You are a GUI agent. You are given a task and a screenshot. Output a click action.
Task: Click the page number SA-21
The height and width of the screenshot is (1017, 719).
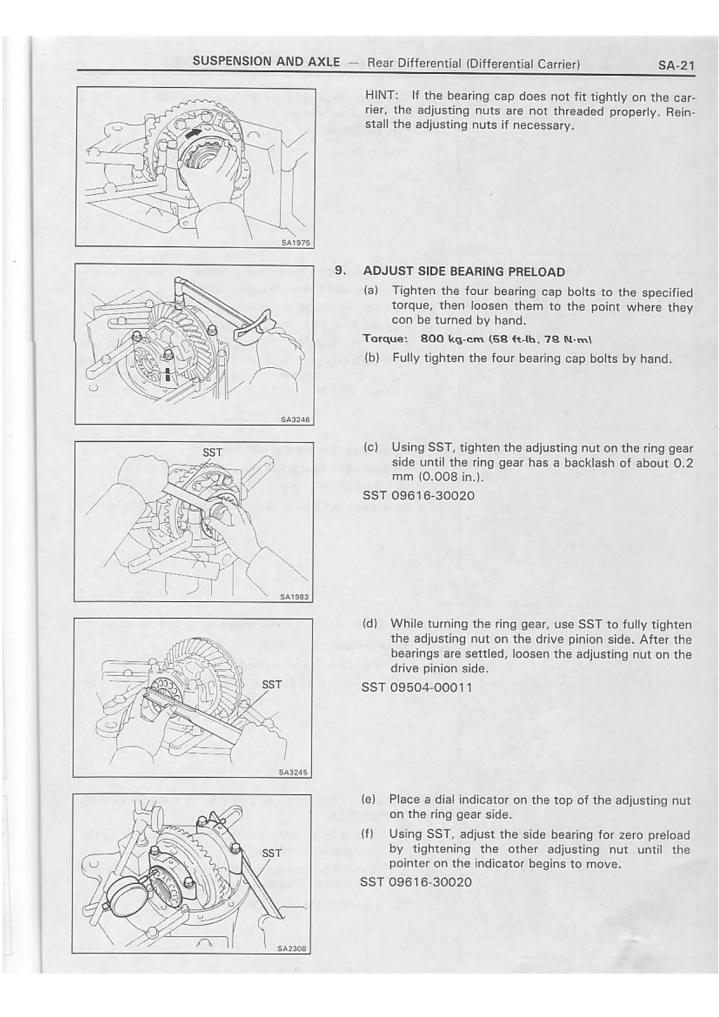(x=675, y=66)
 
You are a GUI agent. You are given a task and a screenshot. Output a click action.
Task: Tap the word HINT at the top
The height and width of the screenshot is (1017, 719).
(x=382, y=96)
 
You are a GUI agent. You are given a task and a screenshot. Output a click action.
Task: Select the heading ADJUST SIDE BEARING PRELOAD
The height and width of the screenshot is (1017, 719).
(x=463, y=272)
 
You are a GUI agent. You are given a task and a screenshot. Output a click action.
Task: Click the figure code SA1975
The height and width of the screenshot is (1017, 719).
(x=297, y=242)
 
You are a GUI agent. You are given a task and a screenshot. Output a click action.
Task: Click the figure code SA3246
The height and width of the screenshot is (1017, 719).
(x=295, y=419)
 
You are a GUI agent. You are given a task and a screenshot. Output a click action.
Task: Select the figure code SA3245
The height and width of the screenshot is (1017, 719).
(x=293, y=773)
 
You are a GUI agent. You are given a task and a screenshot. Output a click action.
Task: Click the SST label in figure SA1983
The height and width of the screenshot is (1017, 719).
(x=212, y=452)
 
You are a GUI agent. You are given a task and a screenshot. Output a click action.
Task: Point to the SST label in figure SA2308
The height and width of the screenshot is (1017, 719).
(x=271, y=853)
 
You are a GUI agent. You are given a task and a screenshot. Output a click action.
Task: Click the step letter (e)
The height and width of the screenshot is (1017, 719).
(x=369, y=800)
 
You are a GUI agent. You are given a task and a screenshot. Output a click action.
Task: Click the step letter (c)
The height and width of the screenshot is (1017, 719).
(x=370, y=447)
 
